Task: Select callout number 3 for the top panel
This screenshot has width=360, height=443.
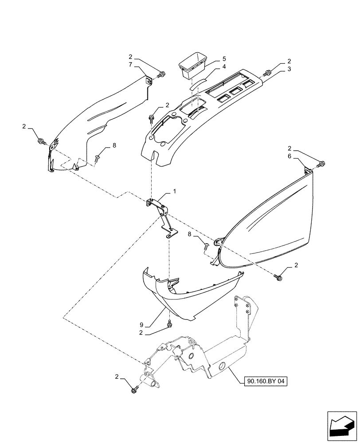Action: coord(289,69)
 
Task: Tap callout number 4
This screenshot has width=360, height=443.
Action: coord(224,66)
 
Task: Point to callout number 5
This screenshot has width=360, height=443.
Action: coord(224,58)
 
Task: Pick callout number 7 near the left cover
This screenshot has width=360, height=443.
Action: coord(130,65)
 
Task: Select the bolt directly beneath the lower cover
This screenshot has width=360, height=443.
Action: coord(169,326)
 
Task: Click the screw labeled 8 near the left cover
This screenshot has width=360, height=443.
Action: coord(98,157)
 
